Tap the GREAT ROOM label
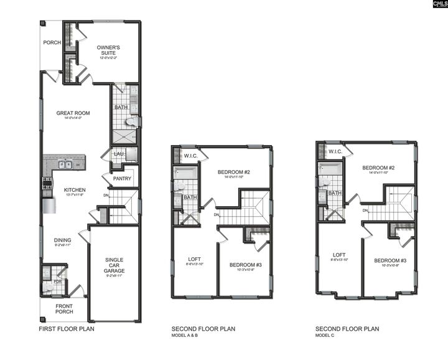(x=73, y=113)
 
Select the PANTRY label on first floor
(x=121, y=179)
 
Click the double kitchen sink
(x=65, y=165)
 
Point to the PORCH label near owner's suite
(x=52, y=43)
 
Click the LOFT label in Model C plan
(x=339, y=255)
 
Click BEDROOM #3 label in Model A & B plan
(x=245, y=264)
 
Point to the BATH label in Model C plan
(x=335, y=193)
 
